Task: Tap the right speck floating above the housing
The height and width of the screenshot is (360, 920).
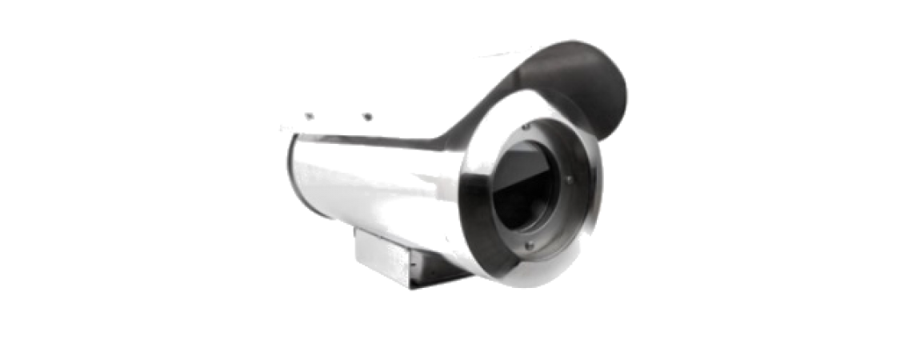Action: [367, 117]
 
